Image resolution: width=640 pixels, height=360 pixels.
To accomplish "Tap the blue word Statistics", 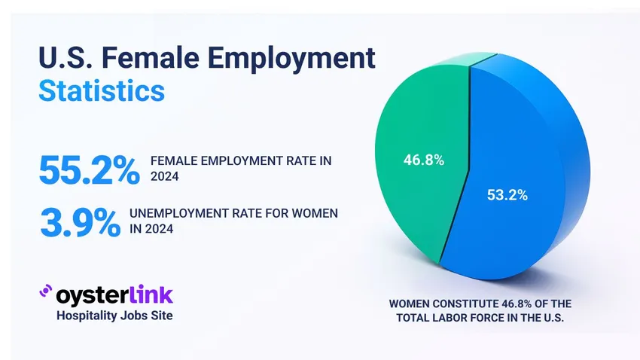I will click(x=101, y=91).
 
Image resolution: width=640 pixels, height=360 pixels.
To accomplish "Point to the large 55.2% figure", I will click(x=88, y=170).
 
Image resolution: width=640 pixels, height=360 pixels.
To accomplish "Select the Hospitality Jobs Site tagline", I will click(x=114, y=316).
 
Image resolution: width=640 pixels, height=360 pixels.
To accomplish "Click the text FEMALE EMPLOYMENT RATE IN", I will click(x=241, y=161).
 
